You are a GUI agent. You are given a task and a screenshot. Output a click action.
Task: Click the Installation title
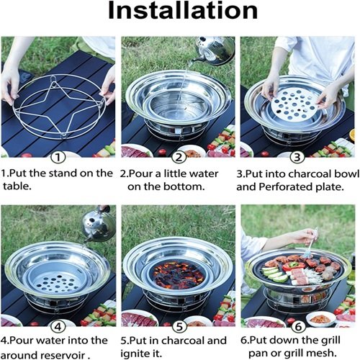[183, 11]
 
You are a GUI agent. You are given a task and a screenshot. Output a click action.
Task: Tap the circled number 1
[58, 158]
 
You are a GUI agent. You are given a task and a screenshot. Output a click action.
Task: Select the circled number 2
[179, 158]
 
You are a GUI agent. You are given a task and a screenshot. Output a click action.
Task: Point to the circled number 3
[297, 158]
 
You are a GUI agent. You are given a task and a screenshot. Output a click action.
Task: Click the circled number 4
[58, 327]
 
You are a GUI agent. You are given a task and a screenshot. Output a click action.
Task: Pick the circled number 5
[179, 327]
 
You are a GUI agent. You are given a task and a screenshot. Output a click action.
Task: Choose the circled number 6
[298, 327]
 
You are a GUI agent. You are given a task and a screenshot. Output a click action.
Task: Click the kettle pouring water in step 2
[214, 50]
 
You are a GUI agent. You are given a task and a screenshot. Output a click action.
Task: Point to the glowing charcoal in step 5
[178, 274]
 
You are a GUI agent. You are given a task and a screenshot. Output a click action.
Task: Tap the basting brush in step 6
[311, 243]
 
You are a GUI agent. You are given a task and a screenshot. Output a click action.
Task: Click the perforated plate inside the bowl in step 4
[57, 283]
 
